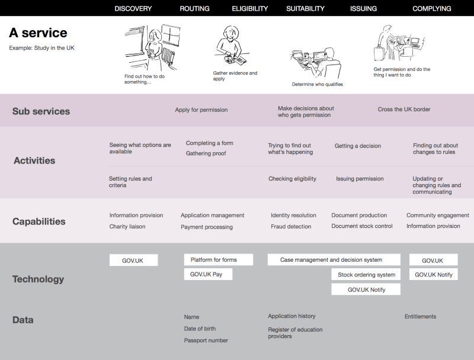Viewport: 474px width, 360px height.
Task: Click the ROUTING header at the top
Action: tap(194, 8)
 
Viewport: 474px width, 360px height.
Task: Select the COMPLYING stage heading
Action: tap(432, 8)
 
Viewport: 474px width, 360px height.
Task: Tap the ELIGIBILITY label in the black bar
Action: tap(249, 8)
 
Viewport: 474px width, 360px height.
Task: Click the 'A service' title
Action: tap(38, 33)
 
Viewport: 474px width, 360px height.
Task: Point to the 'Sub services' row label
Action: tap(41, 111)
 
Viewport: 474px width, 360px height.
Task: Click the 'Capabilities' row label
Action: tap(39, 221)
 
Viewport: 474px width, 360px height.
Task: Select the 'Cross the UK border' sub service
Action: tap(404, 110)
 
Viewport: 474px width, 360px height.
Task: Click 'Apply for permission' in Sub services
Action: tap(201, 110)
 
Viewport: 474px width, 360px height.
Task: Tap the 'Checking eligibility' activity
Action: tap(292, 179)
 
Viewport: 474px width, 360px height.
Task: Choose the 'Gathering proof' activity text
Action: tap(206, 153)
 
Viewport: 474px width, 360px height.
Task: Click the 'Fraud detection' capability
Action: tap(291, 227)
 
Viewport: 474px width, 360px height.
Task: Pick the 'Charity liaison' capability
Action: tap(127, 227)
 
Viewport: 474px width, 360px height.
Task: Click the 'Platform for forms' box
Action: tap(219, 260)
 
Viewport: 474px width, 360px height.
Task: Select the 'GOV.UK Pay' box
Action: tap(209, 274)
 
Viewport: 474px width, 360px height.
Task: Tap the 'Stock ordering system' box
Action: tap(366, 275)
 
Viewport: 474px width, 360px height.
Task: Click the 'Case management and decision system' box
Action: tap(334, 260)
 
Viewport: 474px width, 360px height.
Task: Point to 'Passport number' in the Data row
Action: tap(206, 340)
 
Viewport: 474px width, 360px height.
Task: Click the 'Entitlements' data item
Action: tap(421, 317)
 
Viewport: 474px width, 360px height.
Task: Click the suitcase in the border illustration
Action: tap(379, 53)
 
